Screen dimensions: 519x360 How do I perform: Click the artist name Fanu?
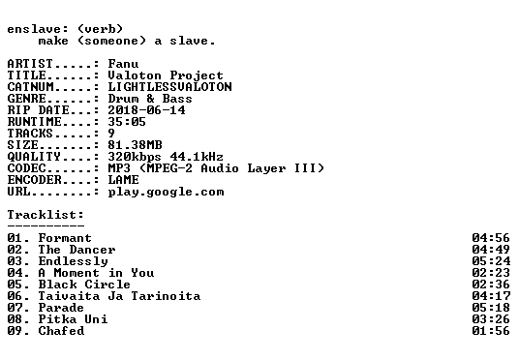click(123, 64)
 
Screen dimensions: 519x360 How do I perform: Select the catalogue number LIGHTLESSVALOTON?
click(169, 87)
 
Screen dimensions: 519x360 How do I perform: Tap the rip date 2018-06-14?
click(146, 110)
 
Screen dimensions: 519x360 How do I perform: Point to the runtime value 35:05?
click(127, 121)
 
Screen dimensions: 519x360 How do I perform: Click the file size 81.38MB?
click(135, 144)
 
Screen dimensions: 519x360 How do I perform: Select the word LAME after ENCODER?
click(124, 180)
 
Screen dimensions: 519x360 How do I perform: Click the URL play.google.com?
click(167, 192)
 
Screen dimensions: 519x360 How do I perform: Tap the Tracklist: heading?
click(46, 215)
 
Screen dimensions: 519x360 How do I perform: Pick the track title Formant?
click(65, 238)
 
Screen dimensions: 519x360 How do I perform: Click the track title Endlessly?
click(74, 261)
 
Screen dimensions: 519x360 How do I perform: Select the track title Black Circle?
click(84, 285)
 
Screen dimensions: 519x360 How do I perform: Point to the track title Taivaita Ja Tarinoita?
click(119, 296)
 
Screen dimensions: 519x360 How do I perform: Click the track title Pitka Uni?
click(73, 319)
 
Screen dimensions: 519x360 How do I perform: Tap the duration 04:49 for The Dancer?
click(491, 250)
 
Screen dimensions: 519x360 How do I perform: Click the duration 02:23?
click(491, 273)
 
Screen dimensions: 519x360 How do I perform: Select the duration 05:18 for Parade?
click(491, 308)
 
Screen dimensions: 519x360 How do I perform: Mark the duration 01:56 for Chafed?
click(491, 331)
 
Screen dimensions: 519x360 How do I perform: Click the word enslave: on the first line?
click(38, 29)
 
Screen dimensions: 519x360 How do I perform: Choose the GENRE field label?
click(27, 99)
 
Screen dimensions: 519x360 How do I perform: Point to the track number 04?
click(15, 273)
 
